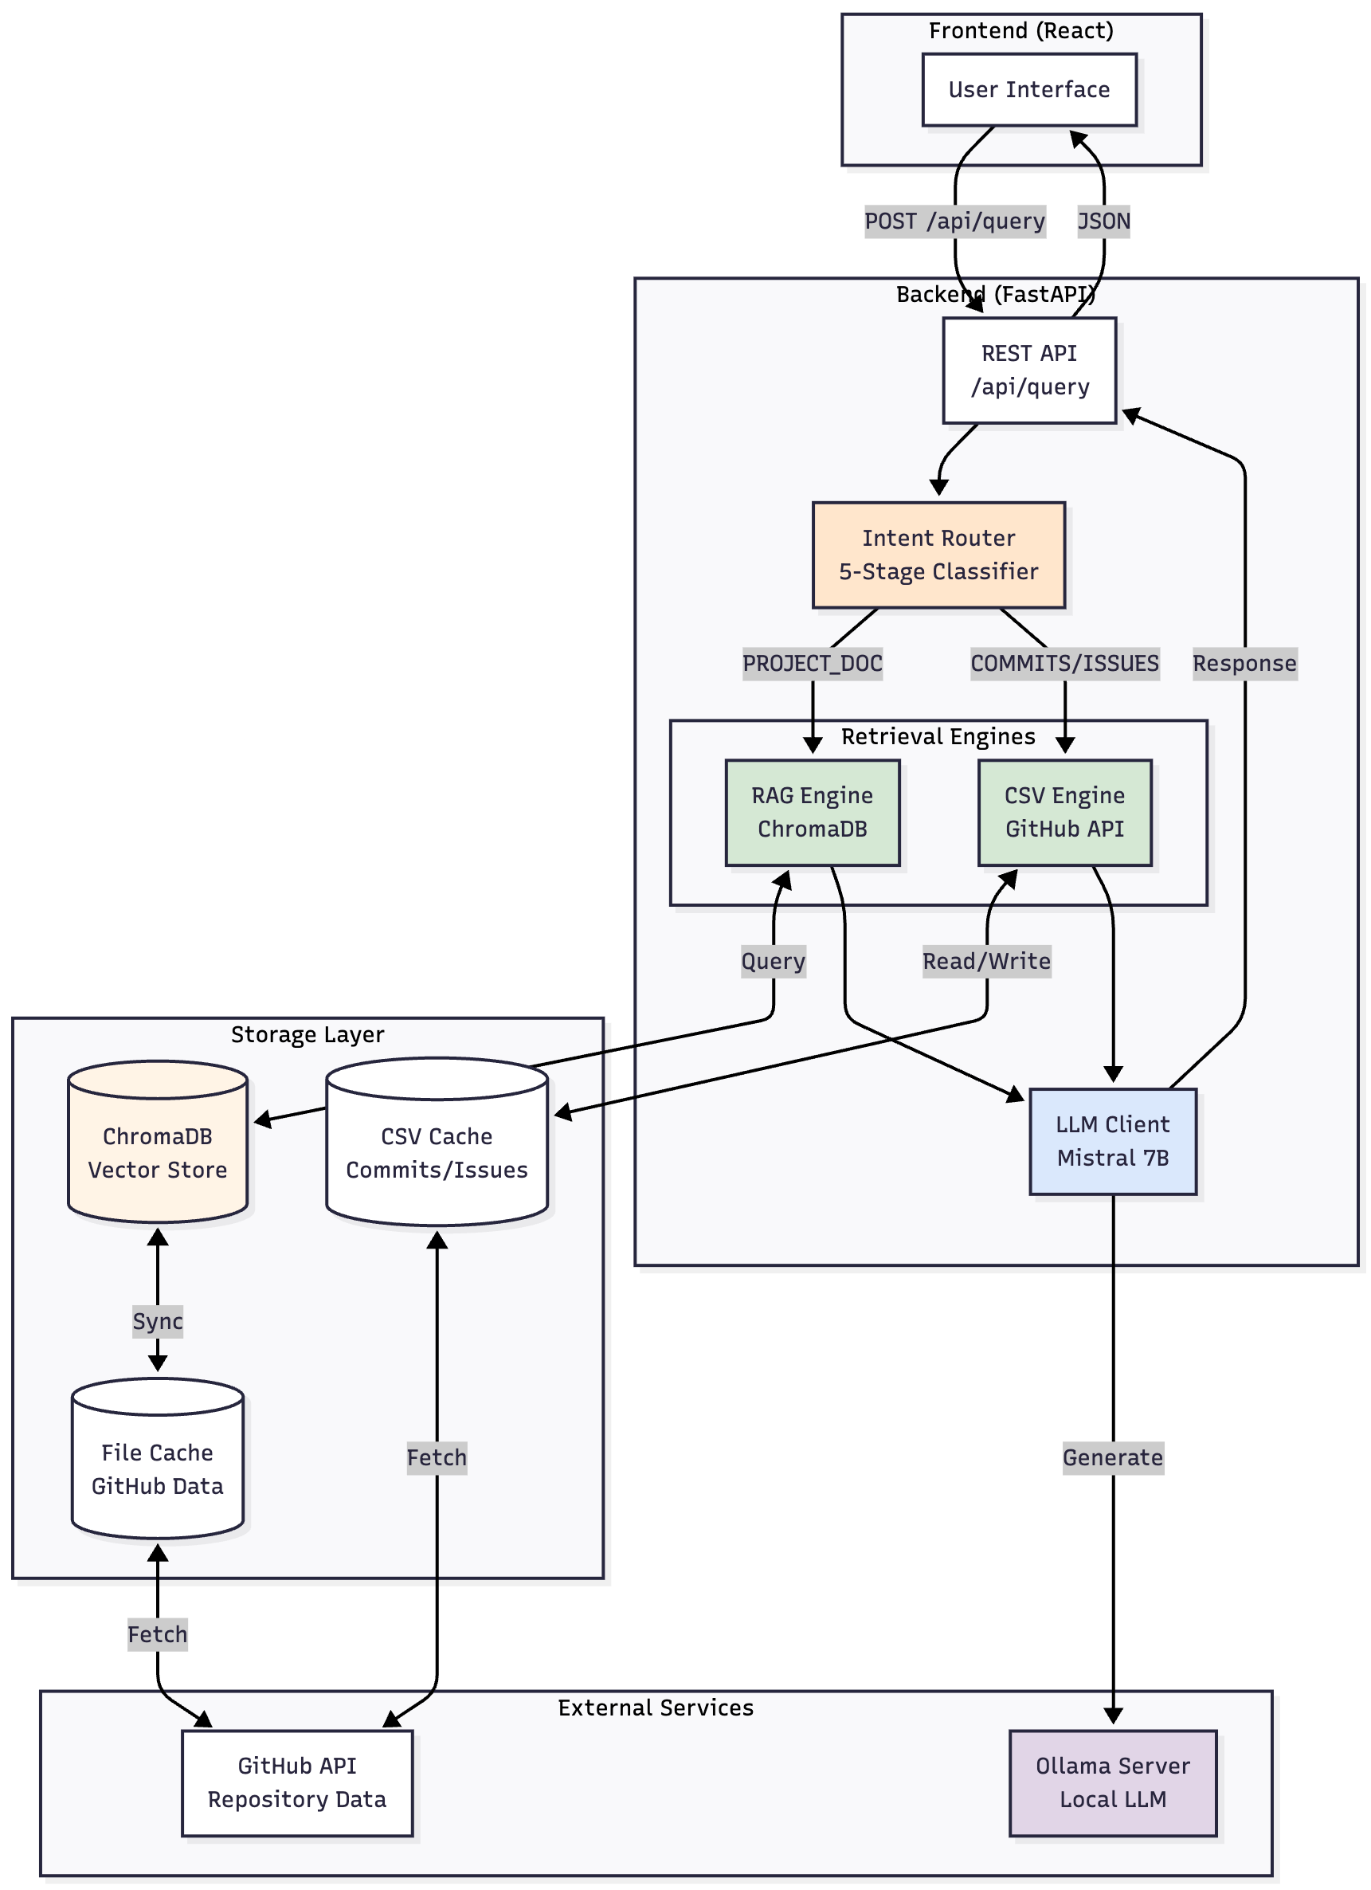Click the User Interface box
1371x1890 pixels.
[1028, 90]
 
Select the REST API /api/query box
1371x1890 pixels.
[1028, 370]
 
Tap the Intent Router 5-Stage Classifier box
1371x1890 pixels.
[938, 555]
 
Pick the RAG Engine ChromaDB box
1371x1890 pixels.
[812, 813]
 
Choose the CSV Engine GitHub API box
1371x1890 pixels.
[1064, 813]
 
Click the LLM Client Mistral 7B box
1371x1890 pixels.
[1112, 1141]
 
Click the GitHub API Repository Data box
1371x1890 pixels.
[297, 1782]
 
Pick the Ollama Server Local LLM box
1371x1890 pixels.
[1112, 1782]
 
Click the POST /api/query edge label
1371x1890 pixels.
[954, 222]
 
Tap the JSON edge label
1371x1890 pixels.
[1103, 222]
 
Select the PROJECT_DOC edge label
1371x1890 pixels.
[812, 664]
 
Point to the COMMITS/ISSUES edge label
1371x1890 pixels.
[1064, 664]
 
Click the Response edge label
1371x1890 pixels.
[1244, 664]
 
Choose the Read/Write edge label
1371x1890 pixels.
[986, 961]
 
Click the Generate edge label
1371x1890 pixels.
[1112, 1457]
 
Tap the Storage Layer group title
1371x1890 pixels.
[307, 1034]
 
